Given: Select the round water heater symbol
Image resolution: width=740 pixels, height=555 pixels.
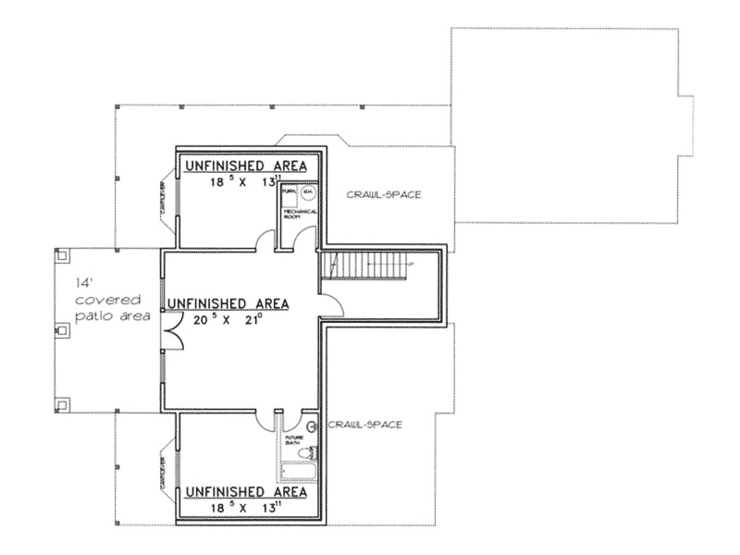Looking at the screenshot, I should coord(308,193).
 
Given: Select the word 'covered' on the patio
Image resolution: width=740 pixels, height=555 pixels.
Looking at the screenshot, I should coord(107,300).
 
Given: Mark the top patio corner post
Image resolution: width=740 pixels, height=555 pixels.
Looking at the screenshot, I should coord(62,253).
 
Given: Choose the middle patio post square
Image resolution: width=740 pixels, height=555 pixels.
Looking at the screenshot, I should coord(62,328).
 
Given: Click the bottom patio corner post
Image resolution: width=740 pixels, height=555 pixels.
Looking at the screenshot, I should coord(62,402).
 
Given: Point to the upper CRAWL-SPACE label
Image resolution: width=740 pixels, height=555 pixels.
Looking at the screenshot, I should coord(384,194).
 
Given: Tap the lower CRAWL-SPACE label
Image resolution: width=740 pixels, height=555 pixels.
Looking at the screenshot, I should coord(364,425).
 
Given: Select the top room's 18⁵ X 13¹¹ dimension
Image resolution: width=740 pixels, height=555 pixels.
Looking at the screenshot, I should coord(243,182).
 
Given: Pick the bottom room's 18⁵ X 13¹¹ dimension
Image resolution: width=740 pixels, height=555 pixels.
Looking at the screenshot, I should coord(243,508).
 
